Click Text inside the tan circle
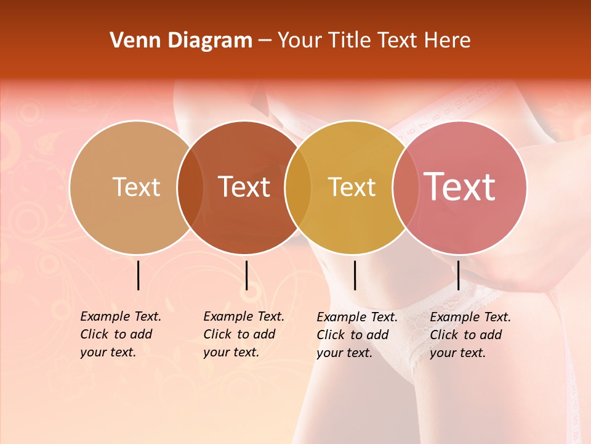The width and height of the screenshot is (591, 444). click(x=136, y=187)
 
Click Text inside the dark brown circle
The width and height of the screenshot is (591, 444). click(x=244, y=187)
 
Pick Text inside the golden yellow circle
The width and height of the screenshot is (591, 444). click(x=352, y=187)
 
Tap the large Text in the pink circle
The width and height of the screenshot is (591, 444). click(x=460, y=187)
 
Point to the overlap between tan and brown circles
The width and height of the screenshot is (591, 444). click(x=190, y=187)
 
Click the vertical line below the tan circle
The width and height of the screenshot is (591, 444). click(x=139, y=275)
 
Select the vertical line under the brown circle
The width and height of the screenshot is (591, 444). click(x=246, y=275)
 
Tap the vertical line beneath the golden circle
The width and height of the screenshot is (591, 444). click(x=355, y=275)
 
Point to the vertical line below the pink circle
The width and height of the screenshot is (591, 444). click(x=459, y=275)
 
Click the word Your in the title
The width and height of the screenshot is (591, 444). click(x=300, y=41)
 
